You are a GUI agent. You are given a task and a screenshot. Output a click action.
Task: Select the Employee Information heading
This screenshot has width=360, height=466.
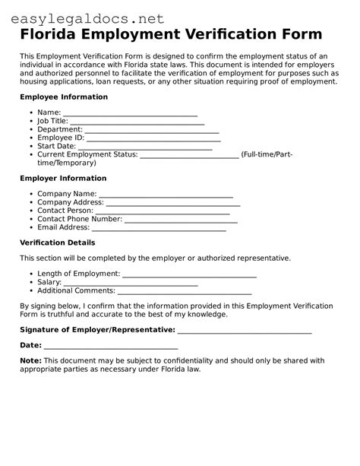pyautogui.click(x=64, y=97)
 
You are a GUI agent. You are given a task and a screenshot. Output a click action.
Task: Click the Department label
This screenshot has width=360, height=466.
pyautogui.click(x=60, y=129)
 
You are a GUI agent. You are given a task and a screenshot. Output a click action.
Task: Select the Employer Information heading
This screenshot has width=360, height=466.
pyautogui.click(x=63, y=179)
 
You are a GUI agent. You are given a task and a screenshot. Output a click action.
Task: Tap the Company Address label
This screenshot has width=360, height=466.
pyautogui.click(x=71, y=203)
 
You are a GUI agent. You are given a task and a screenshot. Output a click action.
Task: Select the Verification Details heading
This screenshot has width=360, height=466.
pyautogui.click(x=58, y=243)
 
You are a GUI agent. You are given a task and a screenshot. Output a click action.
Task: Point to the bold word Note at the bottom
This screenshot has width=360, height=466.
pyautogui.click(x=30, y=360)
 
